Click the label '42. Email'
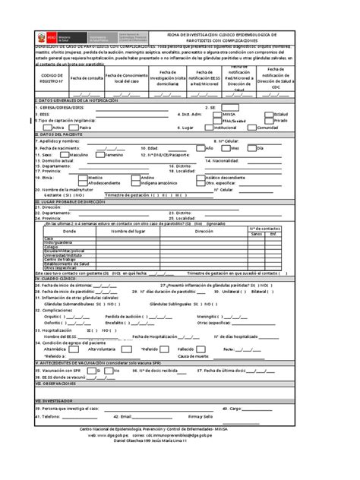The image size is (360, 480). [122, 416]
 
